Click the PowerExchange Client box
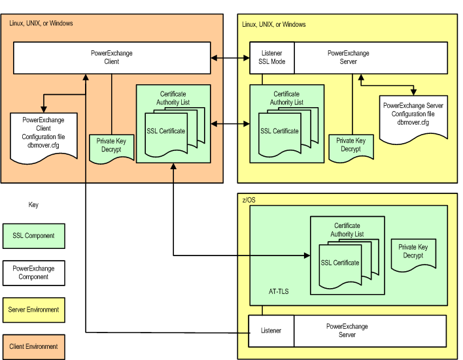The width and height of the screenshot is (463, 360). pos(112,58)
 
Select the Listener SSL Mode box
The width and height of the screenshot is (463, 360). pos(272,58)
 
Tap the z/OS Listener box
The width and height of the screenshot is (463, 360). pos(271,331)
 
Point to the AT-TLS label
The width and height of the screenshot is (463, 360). pos(279,291)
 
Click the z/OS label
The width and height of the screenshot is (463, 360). pos(249,200)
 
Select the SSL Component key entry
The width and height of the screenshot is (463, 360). pos(33,236)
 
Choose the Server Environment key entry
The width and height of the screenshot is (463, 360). pos(33,310)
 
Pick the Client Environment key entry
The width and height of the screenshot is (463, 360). pos(33,347)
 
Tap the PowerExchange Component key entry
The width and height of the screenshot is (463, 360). pos(33,273)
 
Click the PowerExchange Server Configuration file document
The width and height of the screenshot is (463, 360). pos(413,118)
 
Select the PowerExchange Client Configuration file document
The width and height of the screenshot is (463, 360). pos(44,137)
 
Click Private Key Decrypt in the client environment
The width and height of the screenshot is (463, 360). pos(111,148)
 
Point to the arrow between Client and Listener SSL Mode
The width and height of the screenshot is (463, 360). pos(230,58)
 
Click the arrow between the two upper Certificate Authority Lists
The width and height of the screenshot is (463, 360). pos(230,124)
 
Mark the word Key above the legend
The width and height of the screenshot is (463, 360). pos(33,205)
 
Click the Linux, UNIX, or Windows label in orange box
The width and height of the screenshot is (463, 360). pos(41,23)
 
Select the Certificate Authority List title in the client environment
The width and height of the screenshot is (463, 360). pos(173,98)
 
